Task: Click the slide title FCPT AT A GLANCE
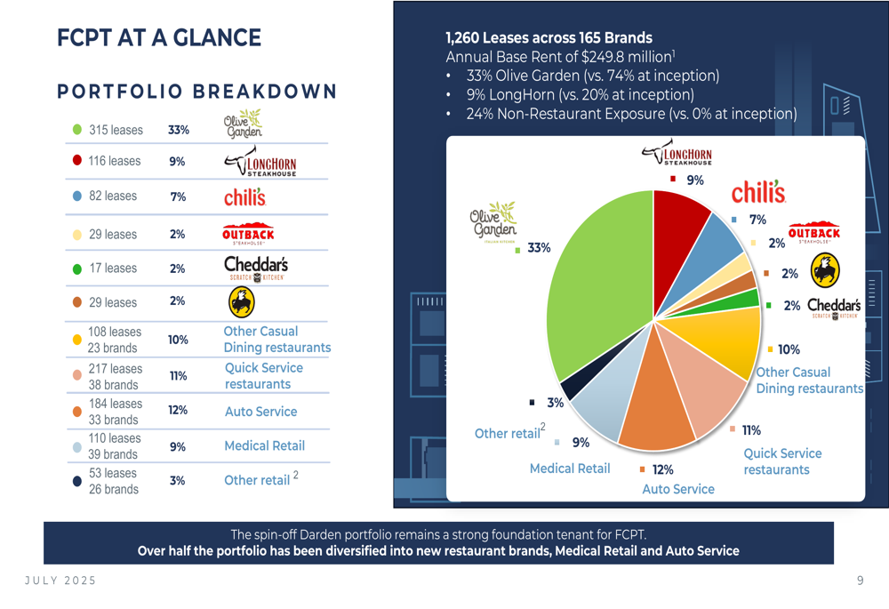point(159,37)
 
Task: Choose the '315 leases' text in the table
point(116,130)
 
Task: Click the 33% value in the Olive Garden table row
point(179,130)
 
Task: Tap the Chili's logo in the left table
point(244,196)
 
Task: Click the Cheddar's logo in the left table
point(256,268)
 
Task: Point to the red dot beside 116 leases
point(77,161)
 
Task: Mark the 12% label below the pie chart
point(662,469)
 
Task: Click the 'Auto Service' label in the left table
point(260,412)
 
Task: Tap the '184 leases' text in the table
point(115,404)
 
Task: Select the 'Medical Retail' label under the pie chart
point(570,469)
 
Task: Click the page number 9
point(860,581)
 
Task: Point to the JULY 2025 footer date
point(60,581)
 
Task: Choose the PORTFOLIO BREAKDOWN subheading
point(196,92)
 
